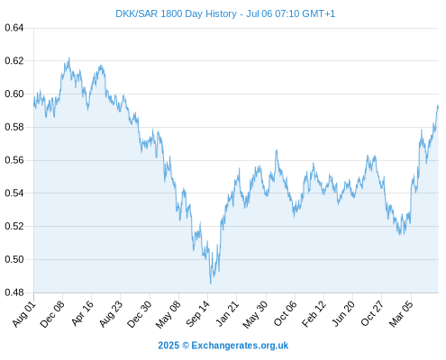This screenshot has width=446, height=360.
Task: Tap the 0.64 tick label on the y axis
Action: point(14,28)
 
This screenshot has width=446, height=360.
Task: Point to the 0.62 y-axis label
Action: point(14,61)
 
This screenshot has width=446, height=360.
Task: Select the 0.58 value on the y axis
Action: point(14,127)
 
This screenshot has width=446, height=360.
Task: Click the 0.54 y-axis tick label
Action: point(14,193)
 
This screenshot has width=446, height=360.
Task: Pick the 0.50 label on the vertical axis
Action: point(14,259)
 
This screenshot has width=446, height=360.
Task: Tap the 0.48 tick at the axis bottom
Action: point(14,292)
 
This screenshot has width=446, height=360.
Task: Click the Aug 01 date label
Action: point(24,314)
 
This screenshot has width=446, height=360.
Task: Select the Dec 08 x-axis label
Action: point(52,314)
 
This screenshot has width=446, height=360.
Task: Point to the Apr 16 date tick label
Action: point(82,313)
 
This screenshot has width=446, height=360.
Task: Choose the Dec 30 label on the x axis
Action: point(140,314)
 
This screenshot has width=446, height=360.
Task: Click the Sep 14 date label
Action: point(197,314)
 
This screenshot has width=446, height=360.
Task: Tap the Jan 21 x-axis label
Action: point(227,313)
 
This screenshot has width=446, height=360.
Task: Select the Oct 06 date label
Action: point(286,314)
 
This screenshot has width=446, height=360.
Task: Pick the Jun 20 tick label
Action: point(343,313)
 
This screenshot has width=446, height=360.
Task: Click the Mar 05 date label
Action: point(401,314)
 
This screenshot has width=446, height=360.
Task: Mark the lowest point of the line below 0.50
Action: point(211,283)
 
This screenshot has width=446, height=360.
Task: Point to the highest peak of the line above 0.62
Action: point(69,58)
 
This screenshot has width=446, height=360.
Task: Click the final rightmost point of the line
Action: point(438,107)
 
